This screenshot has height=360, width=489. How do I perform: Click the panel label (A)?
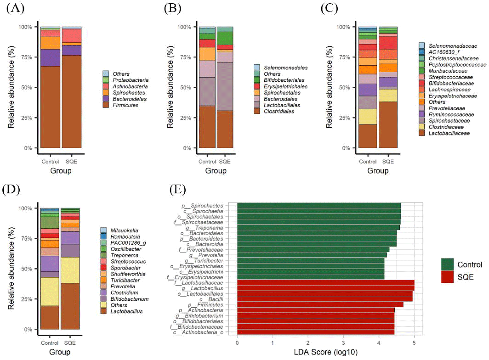coord(15,8)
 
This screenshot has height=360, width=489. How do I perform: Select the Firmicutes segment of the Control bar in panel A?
coord(50,107)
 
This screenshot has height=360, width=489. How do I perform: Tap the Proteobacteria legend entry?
coord(130,80)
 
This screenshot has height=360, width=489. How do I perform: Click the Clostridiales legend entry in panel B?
coord(279,111)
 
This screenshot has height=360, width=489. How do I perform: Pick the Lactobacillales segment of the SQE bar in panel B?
coord(225,86)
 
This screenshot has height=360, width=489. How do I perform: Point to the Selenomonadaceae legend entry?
coord(453,46)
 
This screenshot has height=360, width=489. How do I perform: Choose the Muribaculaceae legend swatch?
coord(421,71)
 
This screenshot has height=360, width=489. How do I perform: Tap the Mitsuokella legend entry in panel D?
coord(124,230)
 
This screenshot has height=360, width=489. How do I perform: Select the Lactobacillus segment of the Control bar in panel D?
coord(50,317)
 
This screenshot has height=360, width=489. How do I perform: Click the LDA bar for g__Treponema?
coord(318,228)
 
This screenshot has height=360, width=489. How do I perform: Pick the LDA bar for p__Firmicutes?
coord(320,304)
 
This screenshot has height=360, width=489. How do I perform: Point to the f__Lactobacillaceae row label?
coord(199,283)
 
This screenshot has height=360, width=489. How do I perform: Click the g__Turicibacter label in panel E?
coord(204,261)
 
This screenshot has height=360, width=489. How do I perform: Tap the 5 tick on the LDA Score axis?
coord(414,343)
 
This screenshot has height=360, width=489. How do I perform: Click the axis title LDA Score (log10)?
coord(325,352)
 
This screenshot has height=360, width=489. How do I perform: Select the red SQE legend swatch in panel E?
coord(447,277)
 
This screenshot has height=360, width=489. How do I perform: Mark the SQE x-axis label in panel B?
coord(225,162)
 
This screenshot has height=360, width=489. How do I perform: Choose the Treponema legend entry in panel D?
coord(124,255)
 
